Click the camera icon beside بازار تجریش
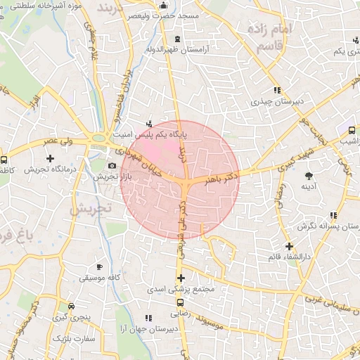[x=112, y=165]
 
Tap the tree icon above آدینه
[x=308, y=175]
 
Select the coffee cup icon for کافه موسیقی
[x=99, y=267]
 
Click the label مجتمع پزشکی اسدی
[x=181, y=289]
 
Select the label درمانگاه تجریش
[x=50, y=169]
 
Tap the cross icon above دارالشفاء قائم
[x=289, y=245]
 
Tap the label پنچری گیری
[x=71, y=317]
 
